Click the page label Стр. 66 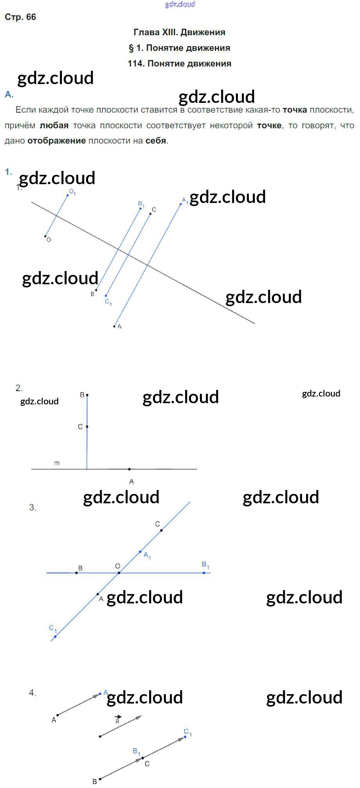tap(20, 17)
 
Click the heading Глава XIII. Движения tap(179, 32)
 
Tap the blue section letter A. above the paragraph tap(9, 94)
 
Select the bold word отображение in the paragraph tap(56, 140)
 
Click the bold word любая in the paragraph tap(54, 125)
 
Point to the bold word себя tap(156, 140)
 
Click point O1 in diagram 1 tap(68, 195)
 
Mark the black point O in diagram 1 tap(45, 236)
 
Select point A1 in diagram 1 tap(181, 204)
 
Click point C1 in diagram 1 tap(106, 296)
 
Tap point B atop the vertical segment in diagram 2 tap(87, 395)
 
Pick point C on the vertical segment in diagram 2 tap(87, 427)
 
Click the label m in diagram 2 tap(57, 463)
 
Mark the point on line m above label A tap(130, 469)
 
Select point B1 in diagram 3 tap(204, 573)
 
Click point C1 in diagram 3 tap(55, 637)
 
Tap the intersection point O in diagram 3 tap(119, 573)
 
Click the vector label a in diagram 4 tap(117, 721)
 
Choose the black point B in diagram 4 tap(100, 779)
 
